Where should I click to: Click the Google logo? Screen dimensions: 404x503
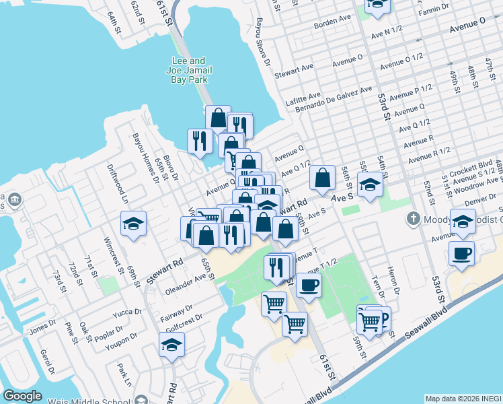(22, 396)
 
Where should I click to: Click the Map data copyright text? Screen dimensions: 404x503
(463, 399)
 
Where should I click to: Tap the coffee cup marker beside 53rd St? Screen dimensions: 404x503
(461, 254)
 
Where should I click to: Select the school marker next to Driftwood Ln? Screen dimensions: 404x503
(134, 224)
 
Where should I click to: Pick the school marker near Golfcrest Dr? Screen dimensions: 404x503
(171, 346)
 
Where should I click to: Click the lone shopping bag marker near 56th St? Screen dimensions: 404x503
(323, 178)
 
